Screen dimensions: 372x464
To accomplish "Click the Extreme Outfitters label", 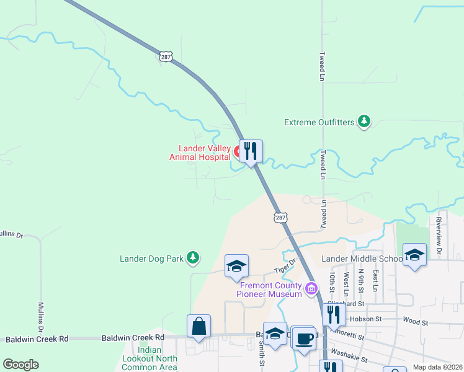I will click(319, 122).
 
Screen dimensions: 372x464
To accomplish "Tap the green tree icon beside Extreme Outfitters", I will click(365, 122).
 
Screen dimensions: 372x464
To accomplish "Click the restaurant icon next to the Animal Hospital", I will click(251, 151).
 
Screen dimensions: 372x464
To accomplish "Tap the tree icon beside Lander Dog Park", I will click(194, 257).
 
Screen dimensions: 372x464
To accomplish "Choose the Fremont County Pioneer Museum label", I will click(270, 290).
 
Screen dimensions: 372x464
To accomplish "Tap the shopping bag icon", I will click(199, 326).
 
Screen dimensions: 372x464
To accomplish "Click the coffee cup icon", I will click(303, 338).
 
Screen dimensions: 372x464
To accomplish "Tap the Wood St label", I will click(415, 322).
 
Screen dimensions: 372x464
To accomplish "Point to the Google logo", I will click(20, 365).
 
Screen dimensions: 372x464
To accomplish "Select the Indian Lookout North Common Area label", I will click(149, 359).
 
